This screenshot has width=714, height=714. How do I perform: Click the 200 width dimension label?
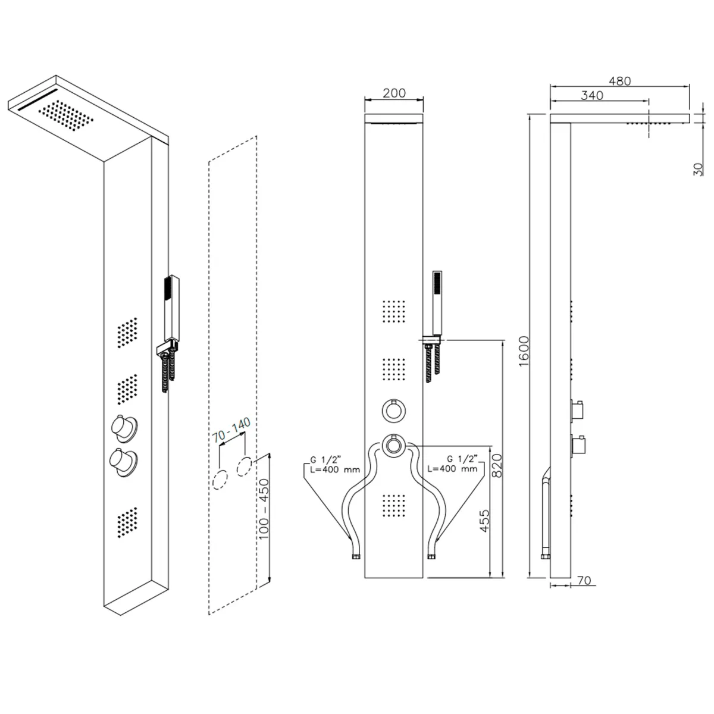tap(394, 93)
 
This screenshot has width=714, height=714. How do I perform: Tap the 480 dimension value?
tap(619, 81)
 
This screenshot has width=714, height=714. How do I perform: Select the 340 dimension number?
tap(591, 95)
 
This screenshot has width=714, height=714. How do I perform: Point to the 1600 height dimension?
tap(524, 351)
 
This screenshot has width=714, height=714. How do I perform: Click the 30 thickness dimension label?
tap(698, 170)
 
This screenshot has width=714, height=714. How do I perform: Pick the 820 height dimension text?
tap(496, 466)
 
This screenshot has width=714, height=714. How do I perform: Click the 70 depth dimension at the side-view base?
tap(584, 580)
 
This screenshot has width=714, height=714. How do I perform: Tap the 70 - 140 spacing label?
tap(231, 430)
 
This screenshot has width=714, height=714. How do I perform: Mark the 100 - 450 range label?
tap(264, 509)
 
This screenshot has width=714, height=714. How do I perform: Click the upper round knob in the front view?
tap(393, 411)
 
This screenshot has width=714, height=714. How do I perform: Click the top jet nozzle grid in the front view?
tap(393, 311)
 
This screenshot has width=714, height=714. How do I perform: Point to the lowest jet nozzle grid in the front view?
tap(393, 505)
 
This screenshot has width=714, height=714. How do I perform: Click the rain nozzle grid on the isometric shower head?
tap(65, 115)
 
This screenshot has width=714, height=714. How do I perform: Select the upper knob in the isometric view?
tap(124, 428)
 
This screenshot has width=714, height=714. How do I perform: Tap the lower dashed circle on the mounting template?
tap(220, 480)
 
